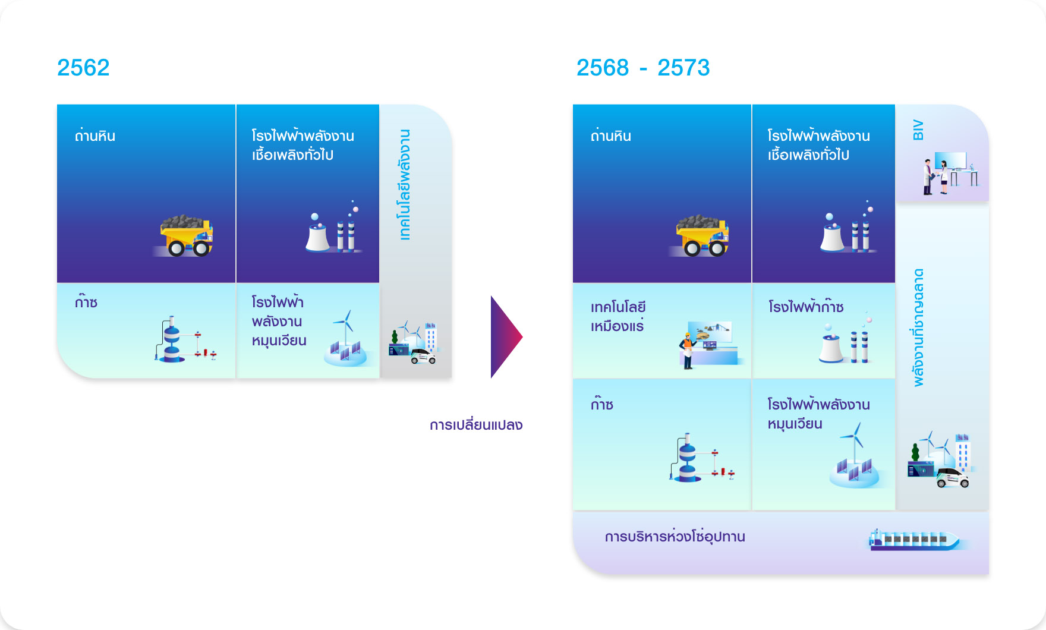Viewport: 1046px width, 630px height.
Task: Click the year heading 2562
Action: click(83, 68)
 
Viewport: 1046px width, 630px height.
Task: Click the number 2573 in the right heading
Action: click(683, 68)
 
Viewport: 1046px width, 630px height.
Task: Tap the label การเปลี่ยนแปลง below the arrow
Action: click(476, 425)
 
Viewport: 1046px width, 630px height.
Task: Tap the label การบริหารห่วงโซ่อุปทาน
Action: click(675, 536)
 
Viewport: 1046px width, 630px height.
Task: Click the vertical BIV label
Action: click(918, 130)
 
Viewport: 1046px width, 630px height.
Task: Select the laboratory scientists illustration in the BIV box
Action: click(950, 173)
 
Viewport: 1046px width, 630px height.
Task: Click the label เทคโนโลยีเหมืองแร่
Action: click(618, 316)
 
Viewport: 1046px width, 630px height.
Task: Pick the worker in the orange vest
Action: click(688, 351)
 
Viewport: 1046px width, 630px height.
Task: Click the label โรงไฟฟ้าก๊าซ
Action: click(805, 307)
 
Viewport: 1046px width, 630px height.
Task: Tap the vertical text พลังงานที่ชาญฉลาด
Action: click(919, 327)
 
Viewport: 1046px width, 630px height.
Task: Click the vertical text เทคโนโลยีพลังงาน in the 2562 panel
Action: click(405, 184)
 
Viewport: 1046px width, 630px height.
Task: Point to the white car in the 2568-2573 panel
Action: click(952, 478)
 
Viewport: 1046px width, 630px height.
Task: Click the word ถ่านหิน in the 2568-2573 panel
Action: click(611, 136)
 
